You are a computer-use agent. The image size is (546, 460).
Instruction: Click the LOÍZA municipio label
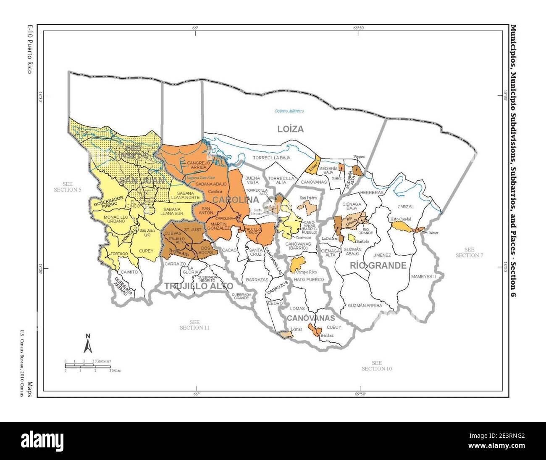[290, 129]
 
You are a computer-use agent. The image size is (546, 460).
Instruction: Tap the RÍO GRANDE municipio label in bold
[378, 265]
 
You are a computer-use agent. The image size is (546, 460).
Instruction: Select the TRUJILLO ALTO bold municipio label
[199, 286]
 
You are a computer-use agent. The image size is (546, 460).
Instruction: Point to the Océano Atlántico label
[289, 111]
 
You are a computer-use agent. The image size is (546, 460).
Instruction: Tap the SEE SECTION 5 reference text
[68, 187]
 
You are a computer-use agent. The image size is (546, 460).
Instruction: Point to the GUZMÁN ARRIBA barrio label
[365, 306]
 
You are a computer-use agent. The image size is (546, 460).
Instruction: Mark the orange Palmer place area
[419, 230]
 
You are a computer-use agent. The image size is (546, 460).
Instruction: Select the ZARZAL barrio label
[406, 207]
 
